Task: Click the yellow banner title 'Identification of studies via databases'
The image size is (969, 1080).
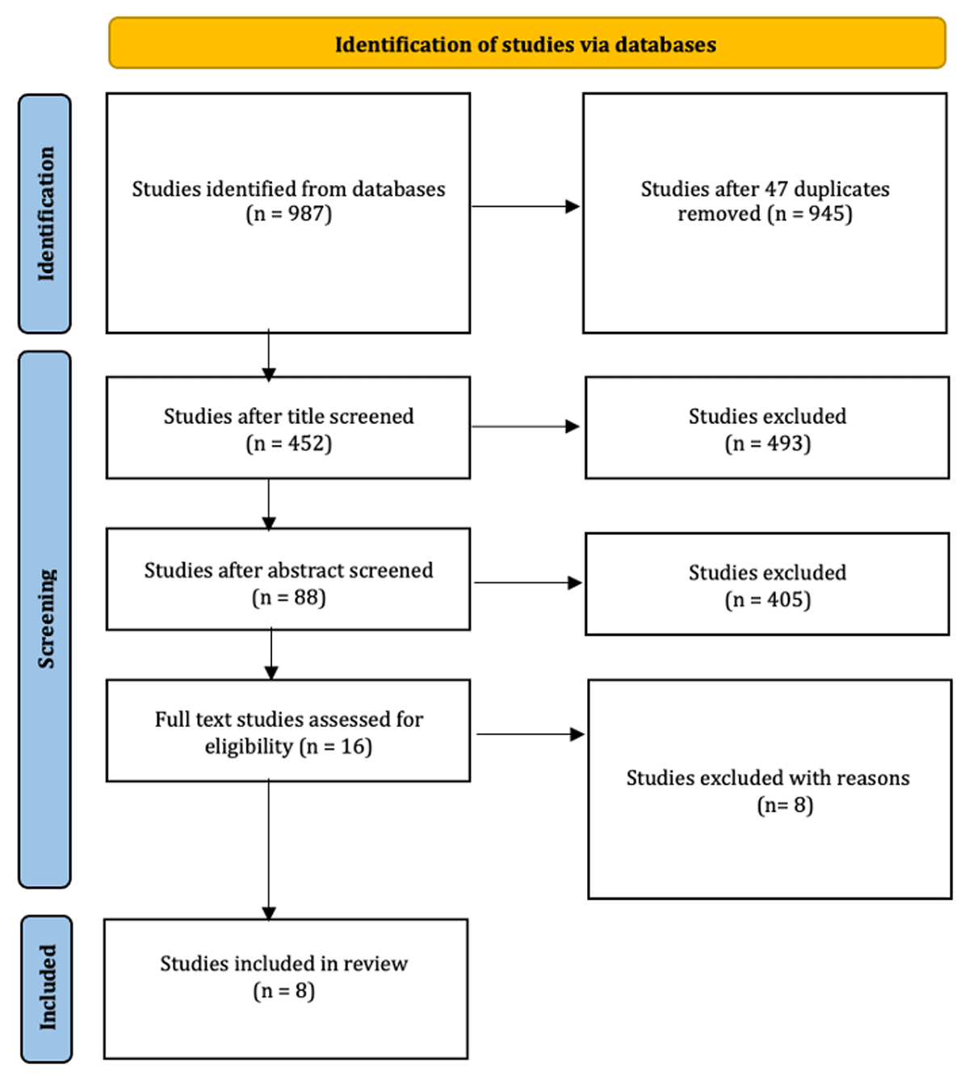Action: click(x=526, y=44)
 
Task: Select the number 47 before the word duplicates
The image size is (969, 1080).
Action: click(x=776, y=189)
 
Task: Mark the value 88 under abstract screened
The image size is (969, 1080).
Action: click(x=306, y=597)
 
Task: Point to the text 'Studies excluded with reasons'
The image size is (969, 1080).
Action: click(x=768, y=778)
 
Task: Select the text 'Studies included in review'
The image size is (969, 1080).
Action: click(x=284, y=964)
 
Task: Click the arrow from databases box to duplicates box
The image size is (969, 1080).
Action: click(x=526, y=206)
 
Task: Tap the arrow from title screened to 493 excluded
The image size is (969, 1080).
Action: click(x=526, y=427)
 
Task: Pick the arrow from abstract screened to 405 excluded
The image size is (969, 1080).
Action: click(x=528, y=582)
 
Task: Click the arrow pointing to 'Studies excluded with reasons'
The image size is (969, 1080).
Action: click(x=531, y=734)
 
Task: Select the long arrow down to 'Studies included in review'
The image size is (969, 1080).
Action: click(x=269, y=850)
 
